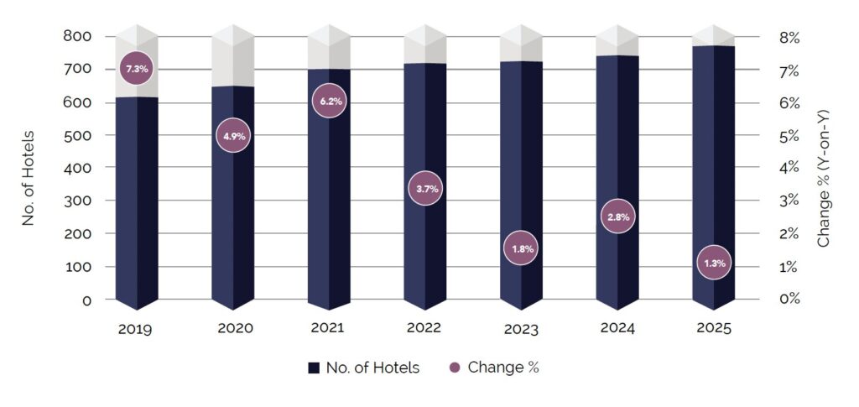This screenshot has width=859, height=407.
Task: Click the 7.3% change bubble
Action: tap(137, 70)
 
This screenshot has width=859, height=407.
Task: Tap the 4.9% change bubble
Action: tap(232, 136)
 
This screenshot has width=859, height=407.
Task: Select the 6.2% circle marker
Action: tap(329, 102)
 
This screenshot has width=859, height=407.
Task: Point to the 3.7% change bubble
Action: tap(424, 189)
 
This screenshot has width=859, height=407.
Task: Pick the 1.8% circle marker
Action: tap(521, 248)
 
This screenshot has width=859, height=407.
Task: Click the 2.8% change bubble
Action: tap(617, 217)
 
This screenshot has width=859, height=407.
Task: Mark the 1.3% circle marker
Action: tap(714, 263)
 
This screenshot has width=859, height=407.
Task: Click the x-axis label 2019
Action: tap(135, 329)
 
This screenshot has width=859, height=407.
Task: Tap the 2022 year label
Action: tap(424, 328)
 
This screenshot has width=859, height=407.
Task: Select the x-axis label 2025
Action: tap(714, 328)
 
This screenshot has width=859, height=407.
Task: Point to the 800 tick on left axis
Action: tap(76, 37)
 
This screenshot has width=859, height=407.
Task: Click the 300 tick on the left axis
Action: tap(76, 201)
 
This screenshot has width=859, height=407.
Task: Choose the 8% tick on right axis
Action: tap(790, 38)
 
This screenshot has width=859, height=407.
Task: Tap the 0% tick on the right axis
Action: tap(790, 300)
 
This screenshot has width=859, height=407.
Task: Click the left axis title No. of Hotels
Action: tap(29, 178)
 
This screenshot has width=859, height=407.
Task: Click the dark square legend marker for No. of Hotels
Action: tap(314, 368)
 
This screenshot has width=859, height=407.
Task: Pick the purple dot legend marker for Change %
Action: tap(456, 368)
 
